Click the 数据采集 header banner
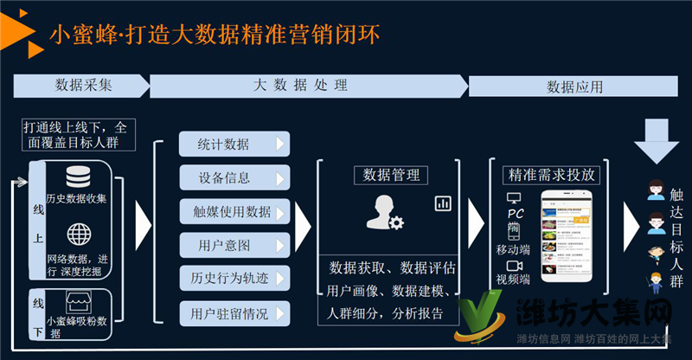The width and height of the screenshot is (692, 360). [83, 85]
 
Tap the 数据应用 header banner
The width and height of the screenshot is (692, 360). [574, 87]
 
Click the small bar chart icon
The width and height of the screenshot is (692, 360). [443, 203]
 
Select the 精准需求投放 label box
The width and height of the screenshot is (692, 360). [552, 175]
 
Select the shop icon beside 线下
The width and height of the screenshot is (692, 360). [77, 303]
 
